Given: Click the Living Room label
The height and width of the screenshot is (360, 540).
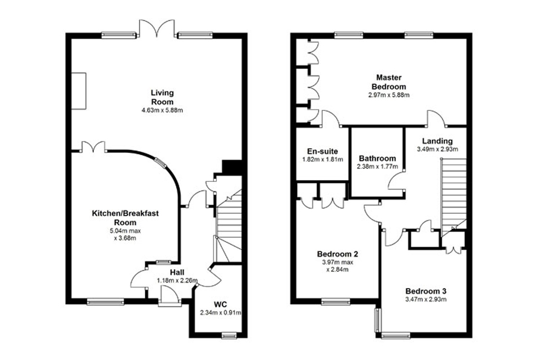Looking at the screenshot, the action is point(162,97).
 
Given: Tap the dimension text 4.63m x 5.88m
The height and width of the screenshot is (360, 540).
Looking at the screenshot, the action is point(162,110).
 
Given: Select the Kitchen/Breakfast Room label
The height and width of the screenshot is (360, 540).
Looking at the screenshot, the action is point(125,218).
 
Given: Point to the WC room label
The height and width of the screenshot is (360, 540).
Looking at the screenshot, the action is point(220,304).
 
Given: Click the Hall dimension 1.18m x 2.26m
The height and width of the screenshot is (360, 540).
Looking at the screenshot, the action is point(177,280).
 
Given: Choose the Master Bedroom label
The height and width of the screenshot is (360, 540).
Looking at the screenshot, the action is point(389,82).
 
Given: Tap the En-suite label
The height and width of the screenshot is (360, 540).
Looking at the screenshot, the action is point(322,151).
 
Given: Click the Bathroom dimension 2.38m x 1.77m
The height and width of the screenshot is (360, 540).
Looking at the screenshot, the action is point(377,166).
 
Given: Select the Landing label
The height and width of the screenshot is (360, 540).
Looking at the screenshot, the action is point(437,141).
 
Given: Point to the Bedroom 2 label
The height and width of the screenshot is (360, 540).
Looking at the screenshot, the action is point(337,254).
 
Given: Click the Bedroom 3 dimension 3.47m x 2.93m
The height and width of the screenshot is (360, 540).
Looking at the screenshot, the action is point(426,300).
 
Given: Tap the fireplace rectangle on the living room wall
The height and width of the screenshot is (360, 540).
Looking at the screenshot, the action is point(79,91).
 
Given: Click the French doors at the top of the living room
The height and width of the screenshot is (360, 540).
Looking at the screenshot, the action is point(157,28).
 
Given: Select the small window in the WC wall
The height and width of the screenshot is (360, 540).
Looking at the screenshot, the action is point(229,335).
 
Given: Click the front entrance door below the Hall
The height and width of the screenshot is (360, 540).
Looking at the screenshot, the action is point(170,296).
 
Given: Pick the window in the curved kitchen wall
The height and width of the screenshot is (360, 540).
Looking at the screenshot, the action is point(160,163).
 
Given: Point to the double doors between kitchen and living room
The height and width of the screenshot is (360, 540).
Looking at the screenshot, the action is point(93,147).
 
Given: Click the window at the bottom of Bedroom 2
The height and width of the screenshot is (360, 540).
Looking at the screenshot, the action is point(336,301).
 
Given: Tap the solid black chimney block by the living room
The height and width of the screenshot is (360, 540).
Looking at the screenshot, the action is point(232,167).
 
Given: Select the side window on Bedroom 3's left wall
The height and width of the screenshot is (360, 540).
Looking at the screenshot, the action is point(377,320).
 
